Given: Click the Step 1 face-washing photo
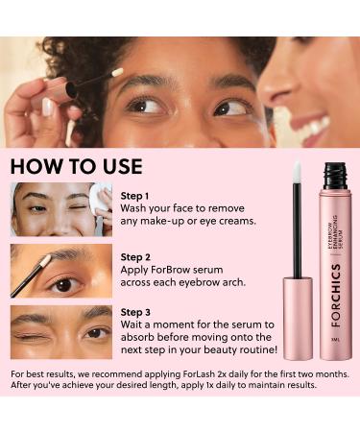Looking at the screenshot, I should click(x=61, y=209).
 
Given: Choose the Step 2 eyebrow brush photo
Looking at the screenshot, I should click(x=61, y=271).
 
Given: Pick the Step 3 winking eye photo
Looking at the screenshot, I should click(x=61, y=332).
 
